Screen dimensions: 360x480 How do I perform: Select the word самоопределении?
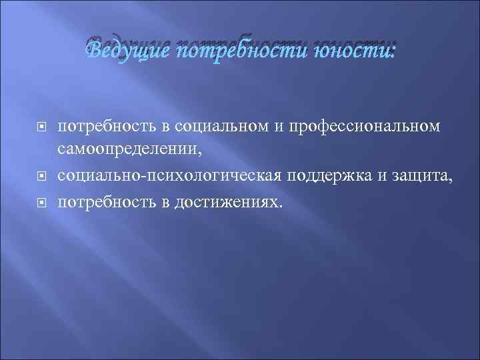(x=129, y=151)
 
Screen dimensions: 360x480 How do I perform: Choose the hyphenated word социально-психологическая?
(x=170, y=176)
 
